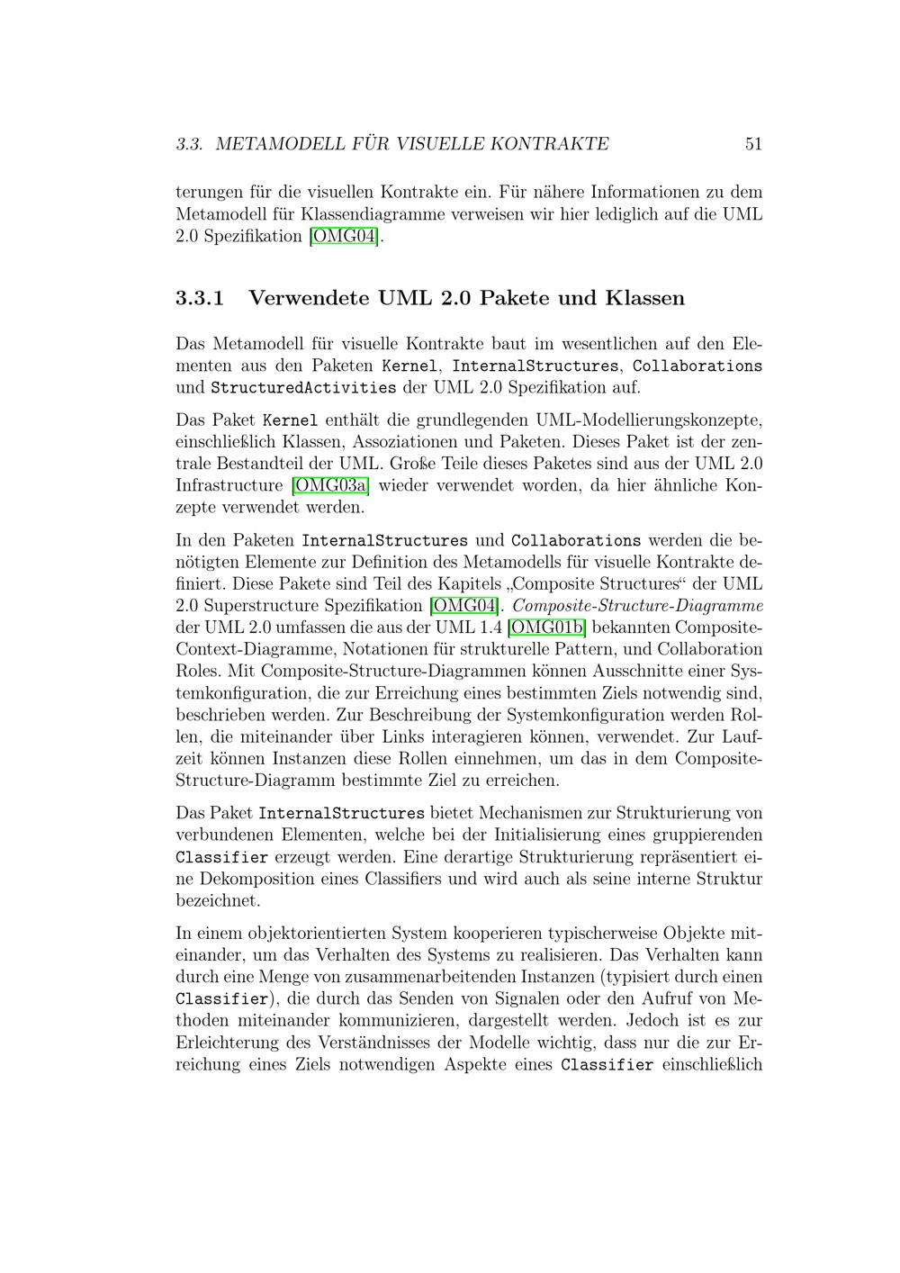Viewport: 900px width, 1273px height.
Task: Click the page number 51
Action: pyautogui.click(x=753, y=144)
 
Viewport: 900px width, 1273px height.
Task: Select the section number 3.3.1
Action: pyautogui.click(x=200, y=298)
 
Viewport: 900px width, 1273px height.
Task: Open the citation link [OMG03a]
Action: pyautogui.click(x=331, y=486)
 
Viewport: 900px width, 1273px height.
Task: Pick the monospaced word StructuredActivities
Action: pyautogui.click(x=303, y=388)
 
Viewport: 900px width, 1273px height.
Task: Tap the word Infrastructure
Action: pyautogui.click(x=229, y=486)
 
